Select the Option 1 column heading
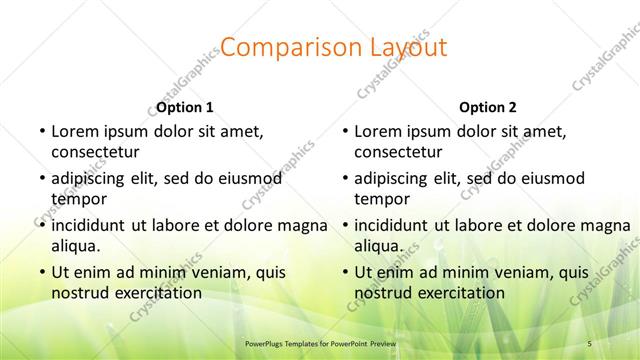pos(185,107)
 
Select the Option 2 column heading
pos(488,107)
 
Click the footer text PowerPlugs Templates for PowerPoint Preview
pos(319,343)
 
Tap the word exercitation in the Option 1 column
pos(155,293)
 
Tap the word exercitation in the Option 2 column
pos(459,293)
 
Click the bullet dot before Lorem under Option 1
pos(41,131)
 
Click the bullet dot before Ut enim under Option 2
pos(345,271)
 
